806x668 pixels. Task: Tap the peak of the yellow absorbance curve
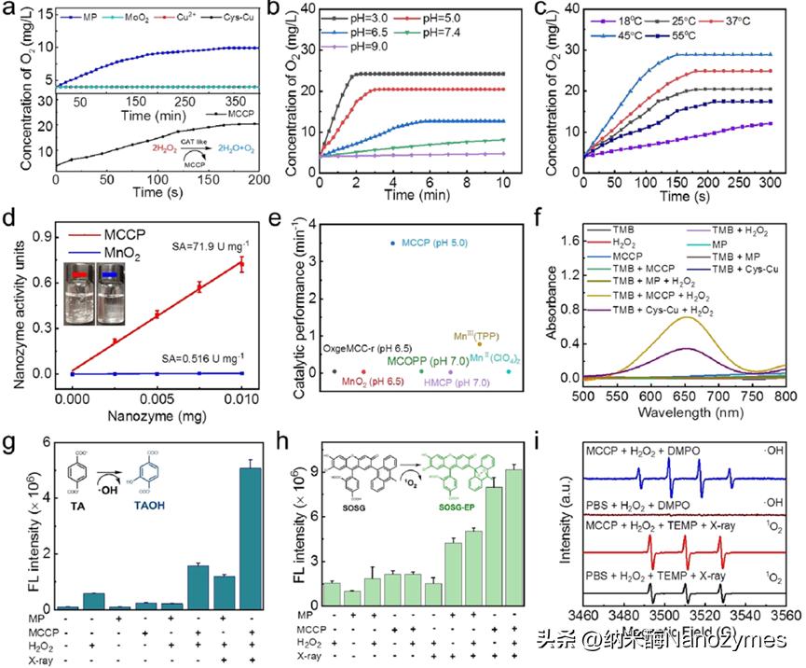pyautogui.click(x=608, y=317)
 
